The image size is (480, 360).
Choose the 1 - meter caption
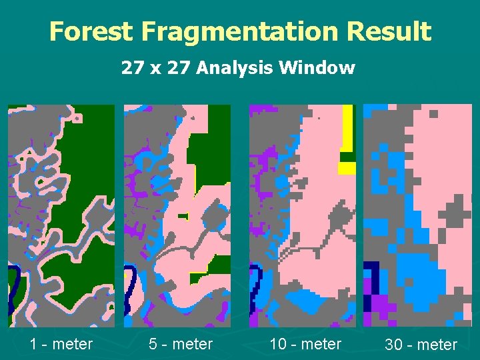click(x=61, y=344)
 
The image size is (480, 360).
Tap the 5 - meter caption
click(x=181, y=344)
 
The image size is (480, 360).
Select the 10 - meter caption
click(x=305, y=344)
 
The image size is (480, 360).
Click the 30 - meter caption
click(x=421, y=345)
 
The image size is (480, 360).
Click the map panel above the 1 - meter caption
click(x=61, y=215)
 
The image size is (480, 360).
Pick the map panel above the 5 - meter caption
click(x=177, y=215)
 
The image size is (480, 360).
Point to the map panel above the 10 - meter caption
click(x=303, y=215)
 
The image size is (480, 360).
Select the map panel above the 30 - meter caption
click(x=417, y=215)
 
